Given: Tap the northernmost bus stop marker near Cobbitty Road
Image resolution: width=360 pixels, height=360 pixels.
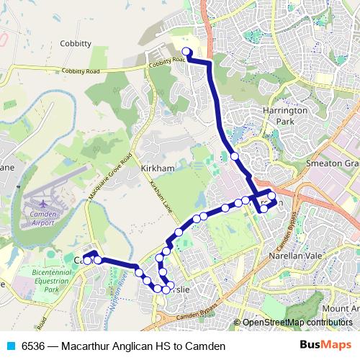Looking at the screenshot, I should (186, 51).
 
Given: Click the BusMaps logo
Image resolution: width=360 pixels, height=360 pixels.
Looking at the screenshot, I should (325, 346).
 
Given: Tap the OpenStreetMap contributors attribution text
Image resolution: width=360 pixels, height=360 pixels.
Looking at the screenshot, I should (297, 323).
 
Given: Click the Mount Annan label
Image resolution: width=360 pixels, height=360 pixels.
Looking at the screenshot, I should (341, 308).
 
